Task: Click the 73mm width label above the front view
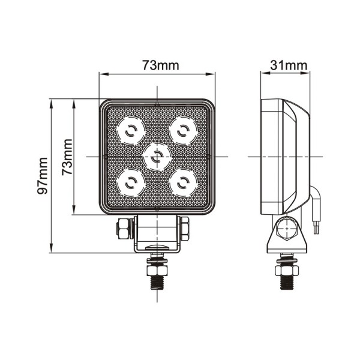click(x=157, y=65)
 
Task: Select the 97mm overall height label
click(x=42, y=175)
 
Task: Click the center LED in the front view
click(x=157, y=157)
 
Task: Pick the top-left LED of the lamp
click(x=131, y=130)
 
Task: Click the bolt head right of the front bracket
click(x=185, y=228)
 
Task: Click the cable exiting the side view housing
click(x=315, y=213)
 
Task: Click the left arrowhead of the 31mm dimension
click(x=263, y=74)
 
